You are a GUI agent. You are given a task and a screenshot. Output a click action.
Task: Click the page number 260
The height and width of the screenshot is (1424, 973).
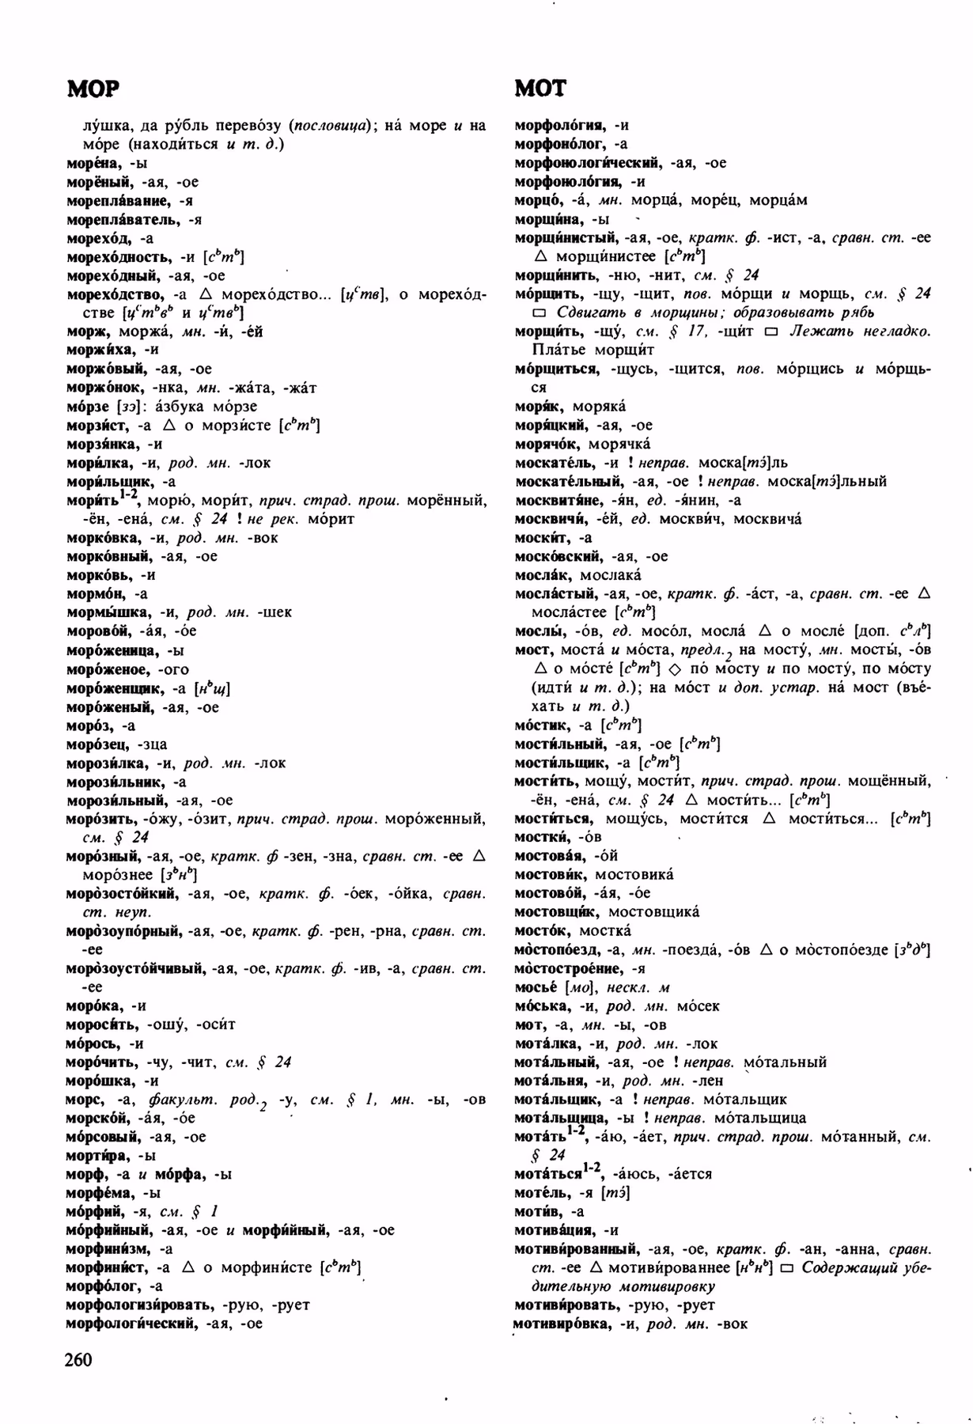tap(79, 1359)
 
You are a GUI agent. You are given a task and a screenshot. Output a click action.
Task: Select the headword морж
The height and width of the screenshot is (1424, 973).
tap(86, 331)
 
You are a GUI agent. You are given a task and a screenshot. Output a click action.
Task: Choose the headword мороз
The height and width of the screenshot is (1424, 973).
tap(89, 725)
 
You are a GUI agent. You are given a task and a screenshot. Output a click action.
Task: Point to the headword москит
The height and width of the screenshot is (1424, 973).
tap(541, 538)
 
